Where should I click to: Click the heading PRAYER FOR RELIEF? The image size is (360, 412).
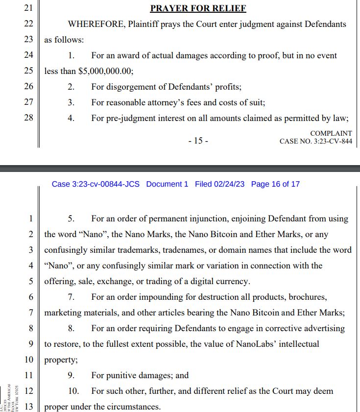(x=198, y=8)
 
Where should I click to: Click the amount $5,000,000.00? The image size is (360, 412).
(x=105, y=71)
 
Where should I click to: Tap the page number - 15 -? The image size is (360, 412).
(x=198, y=141)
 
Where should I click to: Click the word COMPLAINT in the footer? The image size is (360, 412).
(x=331, y=133)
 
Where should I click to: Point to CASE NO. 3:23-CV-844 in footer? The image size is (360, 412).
(x=315, y=142)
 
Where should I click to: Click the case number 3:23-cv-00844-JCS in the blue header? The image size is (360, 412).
(x=96, y=184)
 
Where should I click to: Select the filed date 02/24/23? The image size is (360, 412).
(x=228, y=184)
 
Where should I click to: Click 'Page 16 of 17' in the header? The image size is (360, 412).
(x=275, y=184)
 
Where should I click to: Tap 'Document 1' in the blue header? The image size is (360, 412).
(x=167, y=184)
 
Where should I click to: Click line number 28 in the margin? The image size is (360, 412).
(x=28, y=118)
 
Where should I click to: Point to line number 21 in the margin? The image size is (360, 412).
(x=28, y=8)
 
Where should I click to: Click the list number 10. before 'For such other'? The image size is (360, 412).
(x=73, y=391)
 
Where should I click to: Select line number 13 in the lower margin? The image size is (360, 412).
(x=28, y=407)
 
